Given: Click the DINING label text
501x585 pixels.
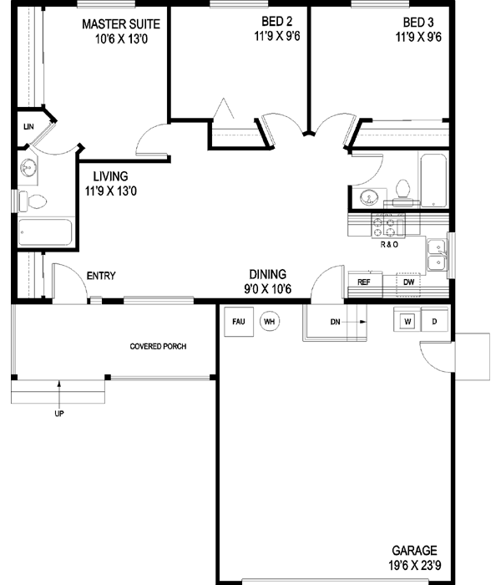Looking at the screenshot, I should [267, 274].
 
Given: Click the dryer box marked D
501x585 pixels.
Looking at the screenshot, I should [434, 322].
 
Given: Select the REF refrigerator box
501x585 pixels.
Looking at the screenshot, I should [364, 282].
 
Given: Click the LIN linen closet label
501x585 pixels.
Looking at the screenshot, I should [28, 127].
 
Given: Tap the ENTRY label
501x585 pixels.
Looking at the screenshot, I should [100, 277].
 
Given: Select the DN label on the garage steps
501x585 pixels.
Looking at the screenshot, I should [335, 322].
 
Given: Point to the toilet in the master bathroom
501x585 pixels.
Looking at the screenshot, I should [35, 201].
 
